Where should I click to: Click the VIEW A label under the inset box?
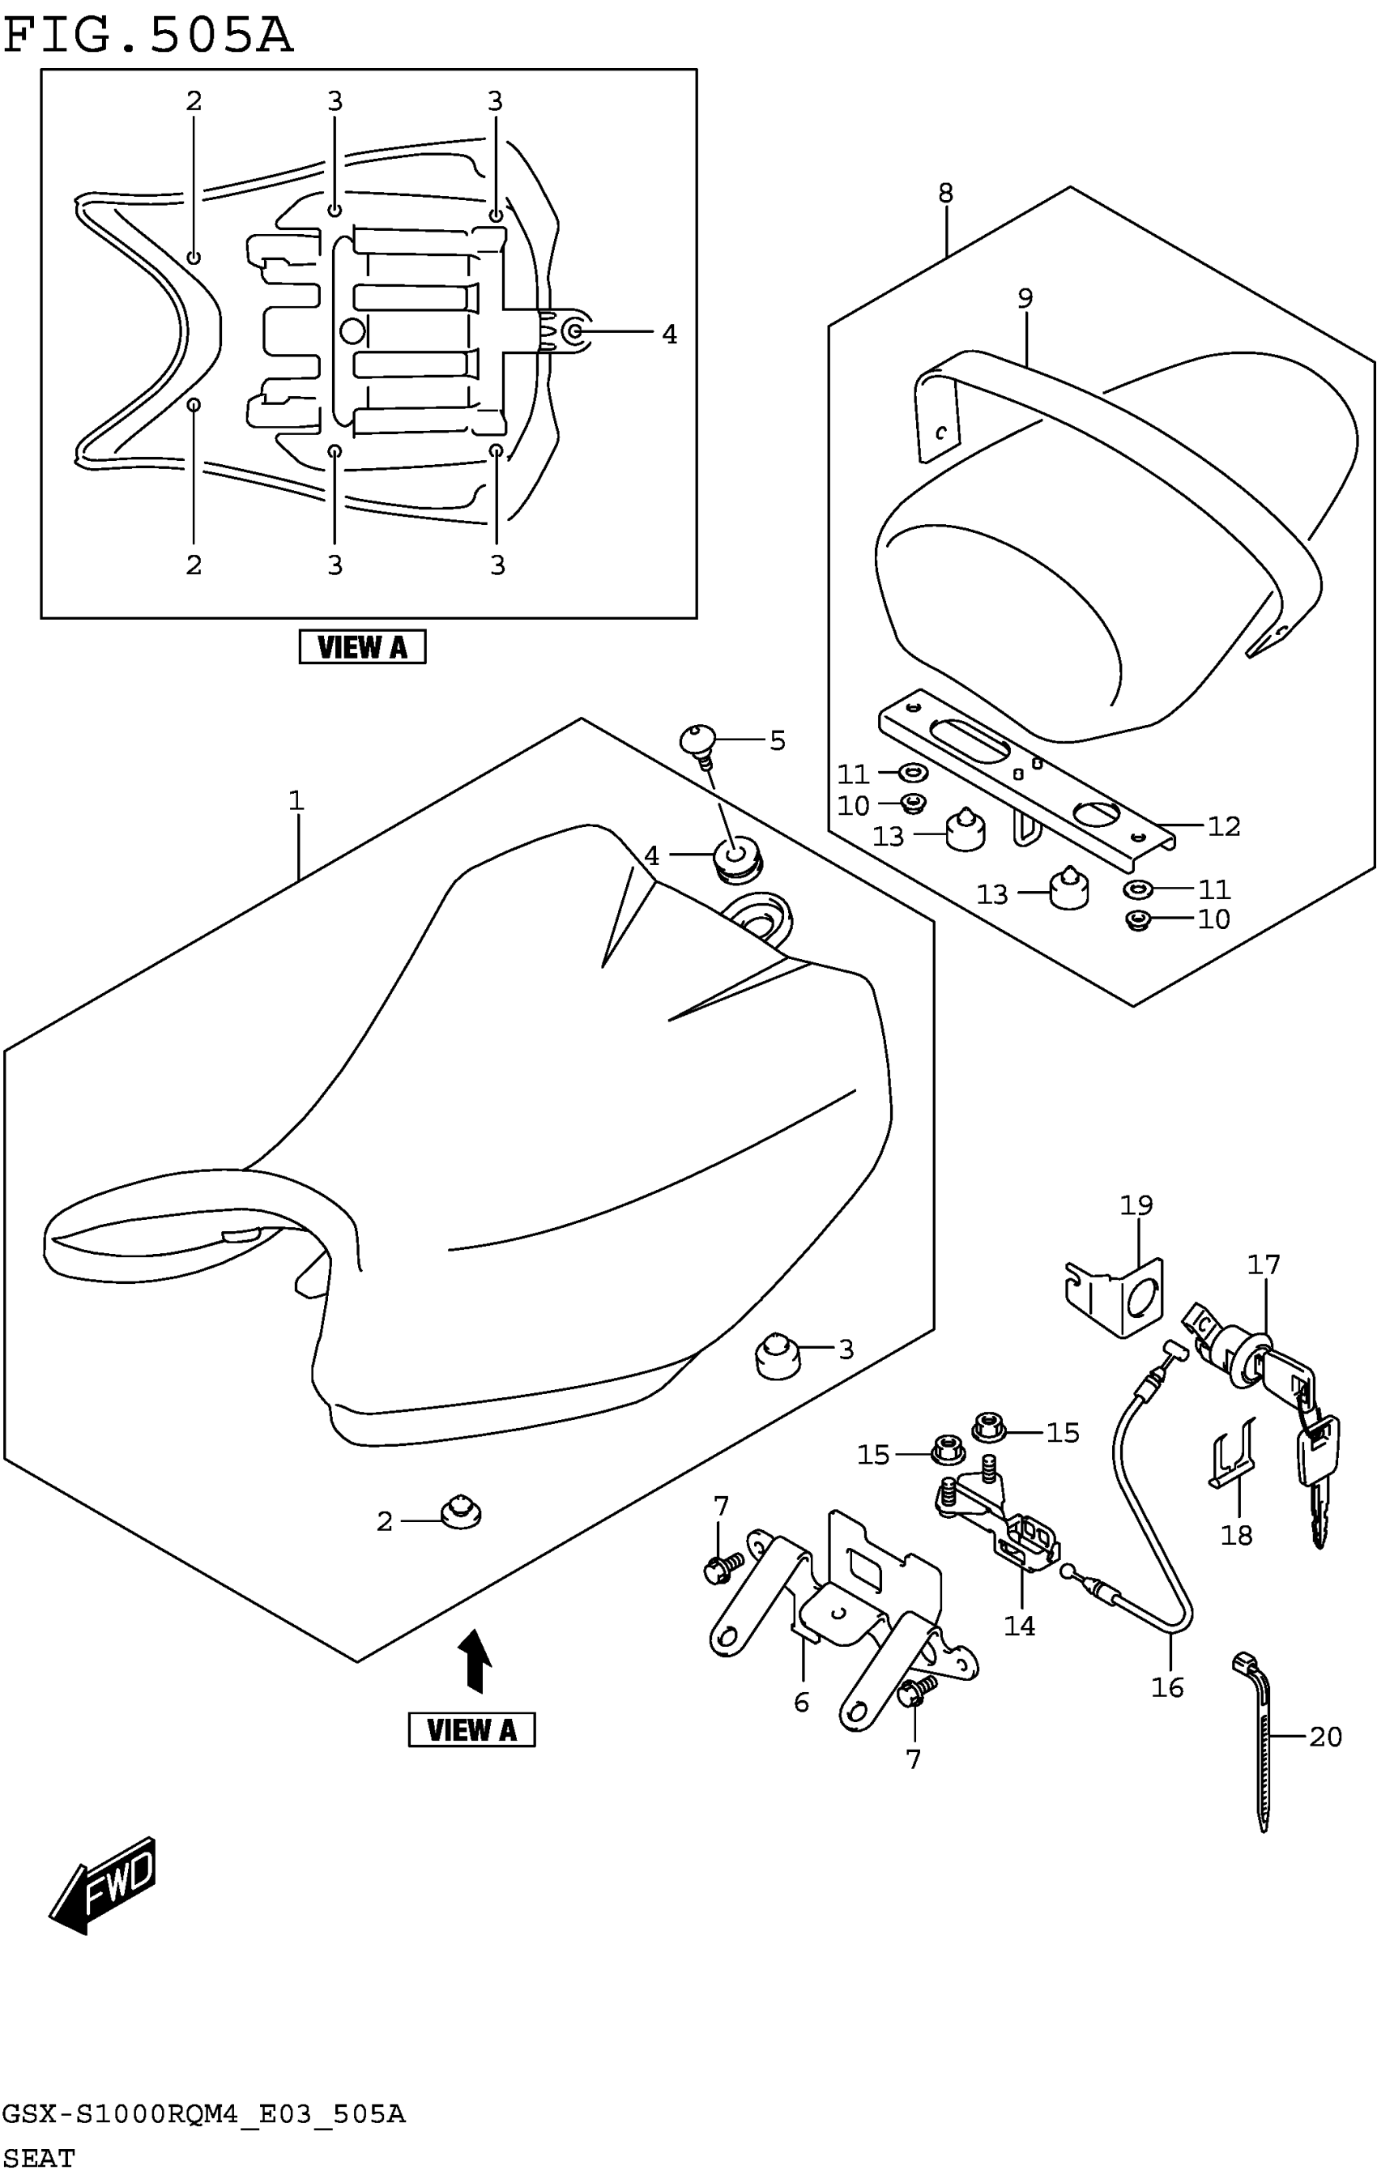click(362, 647)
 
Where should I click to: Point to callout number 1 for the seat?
click(296, 800)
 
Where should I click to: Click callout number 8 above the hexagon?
click(945, 193)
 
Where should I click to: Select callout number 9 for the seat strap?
click(1025, 298)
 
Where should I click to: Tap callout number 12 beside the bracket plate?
click(1223, 826)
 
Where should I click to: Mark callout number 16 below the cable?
click(1167, 1687)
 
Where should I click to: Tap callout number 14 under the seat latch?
click(1019, 1626)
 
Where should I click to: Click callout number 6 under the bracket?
click(801, 1703)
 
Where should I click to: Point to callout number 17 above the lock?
click(1263, 1264)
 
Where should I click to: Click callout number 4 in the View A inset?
click(669, 335)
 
